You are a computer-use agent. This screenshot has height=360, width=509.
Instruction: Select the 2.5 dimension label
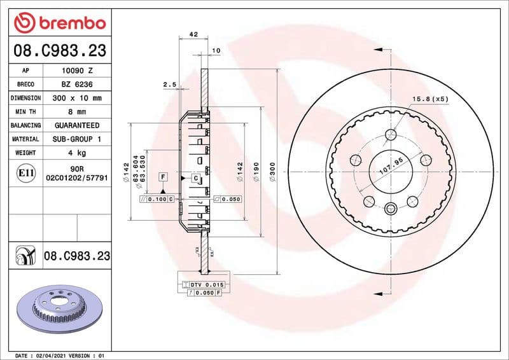coord(169,84)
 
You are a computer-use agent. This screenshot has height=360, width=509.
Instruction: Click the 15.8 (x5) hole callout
coord(431,99)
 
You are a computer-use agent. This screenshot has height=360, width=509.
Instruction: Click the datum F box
coord(163,176)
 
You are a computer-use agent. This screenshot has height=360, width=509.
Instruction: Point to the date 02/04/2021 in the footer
coord(50,356)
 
